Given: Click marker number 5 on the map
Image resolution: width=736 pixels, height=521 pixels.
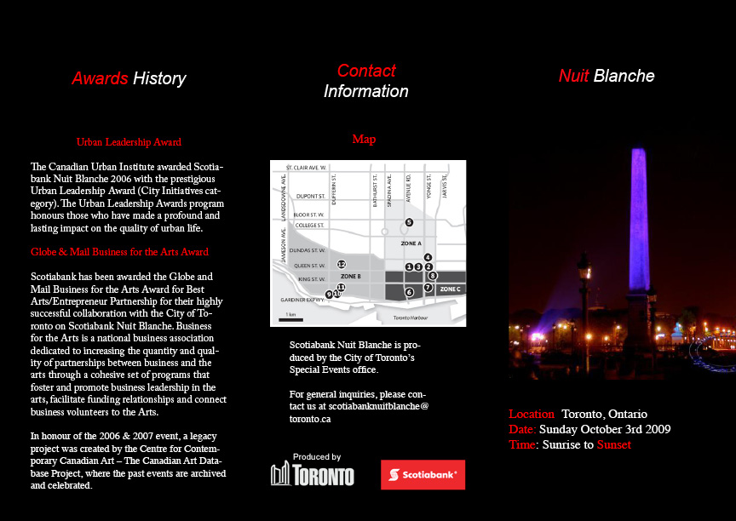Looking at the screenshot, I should pyautogui.click(x=409, y=222).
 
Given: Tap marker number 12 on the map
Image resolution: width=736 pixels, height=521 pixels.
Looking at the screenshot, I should pyautogui.click(x=342, y=264).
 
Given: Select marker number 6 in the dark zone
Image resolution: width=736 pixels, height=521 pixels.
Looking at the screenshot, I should pyautogui.click(x=409, y=292).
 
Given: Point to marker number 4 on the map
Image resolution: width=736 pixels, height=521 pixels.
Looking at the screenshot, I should pyautogui.click(x=428, y=257).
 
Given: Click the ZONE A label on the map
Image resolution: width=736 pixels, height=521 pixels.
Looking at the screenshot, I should pyautogui.click(x=411, y=243).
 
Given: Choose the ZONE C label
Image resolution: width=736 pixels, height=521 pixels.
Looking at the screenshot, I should pyautogui.click(x=450, y=289).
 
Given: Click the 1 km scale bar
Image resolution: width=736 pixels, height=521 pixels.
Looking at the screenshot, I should pyautogui.click(x=290, y=318).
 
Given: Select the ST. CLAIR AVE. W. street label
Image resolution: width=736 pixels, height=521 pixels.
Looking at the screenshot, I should pyautogui.click(x=306, y=168).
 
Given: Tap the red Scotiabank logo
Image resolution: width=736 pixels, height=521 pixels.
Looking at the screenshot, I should pyautogui.click(x=423, y=474).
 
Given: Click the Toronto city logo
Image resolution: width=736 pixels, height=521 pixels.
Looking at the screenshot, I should pyautogui.click(x=312, y=473).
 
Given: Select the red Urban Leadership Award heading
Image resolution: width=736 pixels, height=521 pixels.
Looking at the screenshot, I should pyautogui.click(x=129, y=142).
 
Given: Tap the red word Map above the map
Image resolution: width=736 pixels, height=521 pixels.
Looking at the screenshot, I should pyautogui.click(x=364, y=139).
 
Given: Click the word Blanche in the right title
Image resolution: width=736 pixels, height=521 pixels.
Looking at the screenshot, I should pyautogui.click(x=624, y=76).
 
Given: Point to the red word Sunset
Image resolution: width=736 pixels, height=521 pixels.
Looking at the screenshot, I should pyautogui.click(x=613, y=444).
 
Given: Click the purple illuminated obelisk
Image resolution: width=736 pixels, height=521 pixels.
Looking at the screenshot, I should pyautogui.click(x=638, y=221).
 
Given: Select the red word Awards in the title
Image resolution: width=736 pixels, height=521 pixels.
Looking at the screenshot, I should pyautogui.click(x=100, y=78).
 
